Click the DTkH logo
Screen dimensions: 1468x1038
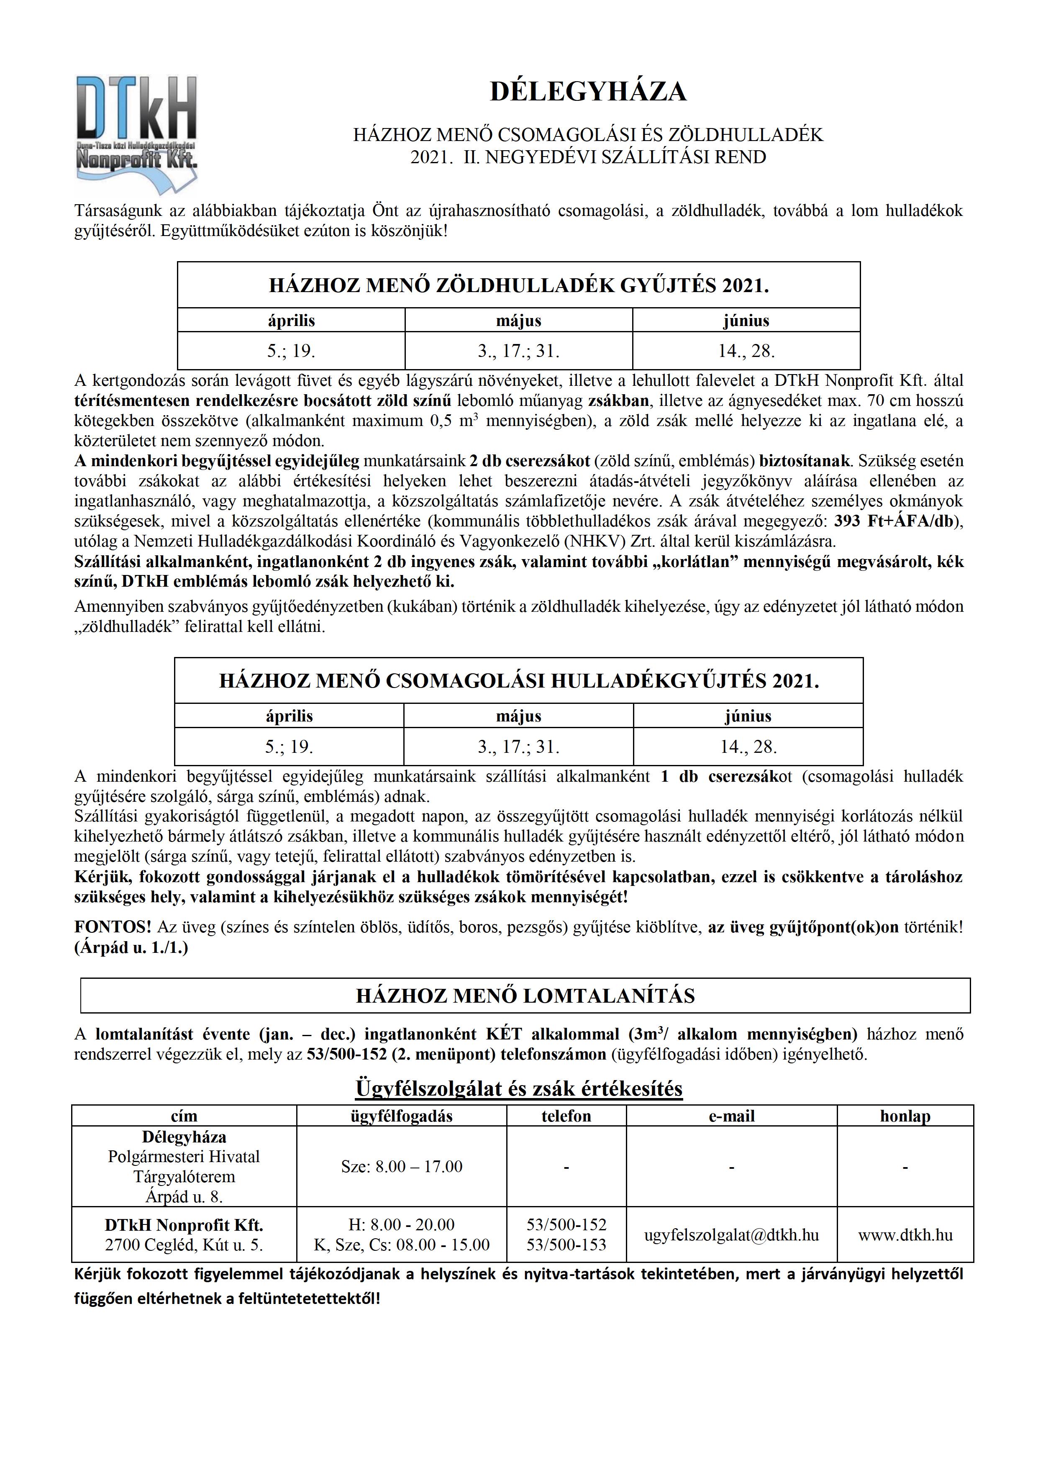click(x=136, y=133)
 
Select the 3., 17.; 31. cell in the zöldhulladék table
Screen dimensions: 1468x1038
click(x=518, y=351)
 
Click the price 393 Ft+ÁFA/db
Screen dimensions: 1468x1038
click(x=896, y=521)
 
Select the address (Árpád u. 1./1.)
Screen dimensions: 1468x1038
click(x=131, y=947)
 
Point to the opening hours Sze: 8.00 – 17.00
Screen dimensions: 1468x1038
click(x=401, y=1166)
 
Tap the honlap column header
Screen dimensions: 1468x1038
click(x=905, y=1116)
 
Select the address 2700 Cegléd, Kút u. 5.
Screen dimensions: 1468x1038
click(x=184, y=1245)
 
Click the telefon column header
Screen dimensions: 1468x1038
click(x=566, y=1116)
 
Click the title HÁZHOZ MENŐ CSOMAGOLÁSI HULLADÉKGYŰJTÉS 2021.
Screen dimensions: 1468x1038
click(x=519, y=681)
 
